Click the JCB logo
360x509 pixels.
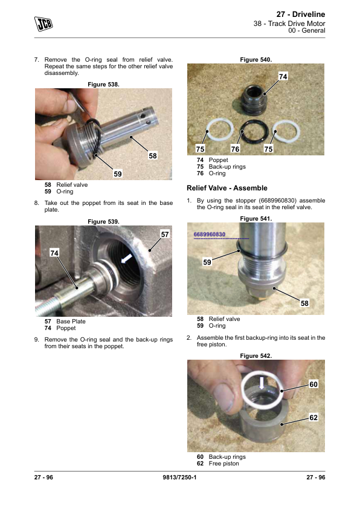[43, 24]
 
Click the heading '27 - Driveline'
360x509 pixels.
[301, 15]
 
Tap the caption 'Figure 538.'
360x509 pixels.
[103, 85]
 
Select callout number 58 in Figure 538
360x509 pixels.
[153, 156]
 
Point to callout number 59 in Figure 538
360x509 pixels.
[118, 174]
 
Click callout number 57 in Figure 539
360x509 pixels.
[165, 235]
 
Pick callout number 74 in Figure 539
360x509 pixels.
[54, 253]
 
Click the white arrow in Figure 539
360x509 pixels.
[126, 258]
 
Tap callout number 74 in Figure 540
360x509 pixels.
[283, 76]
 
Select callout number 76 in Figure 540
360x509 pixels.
[235, 149]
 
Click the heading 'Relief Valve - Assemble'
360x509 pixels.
[227, 188]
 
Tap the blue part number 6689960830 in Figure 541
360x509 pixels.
[210, 235]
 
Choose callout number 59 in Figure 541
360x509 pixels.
[207, 262]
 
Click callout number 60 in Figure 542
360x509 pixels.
[313, 384]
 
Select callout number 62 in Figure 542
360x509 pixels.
[313, 418]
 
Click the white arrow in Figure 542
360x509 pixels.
[262, 383]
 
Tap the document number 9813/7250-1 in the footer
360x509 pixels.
[179, 477]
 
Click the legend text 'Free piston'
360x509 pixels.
[223, 464]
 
